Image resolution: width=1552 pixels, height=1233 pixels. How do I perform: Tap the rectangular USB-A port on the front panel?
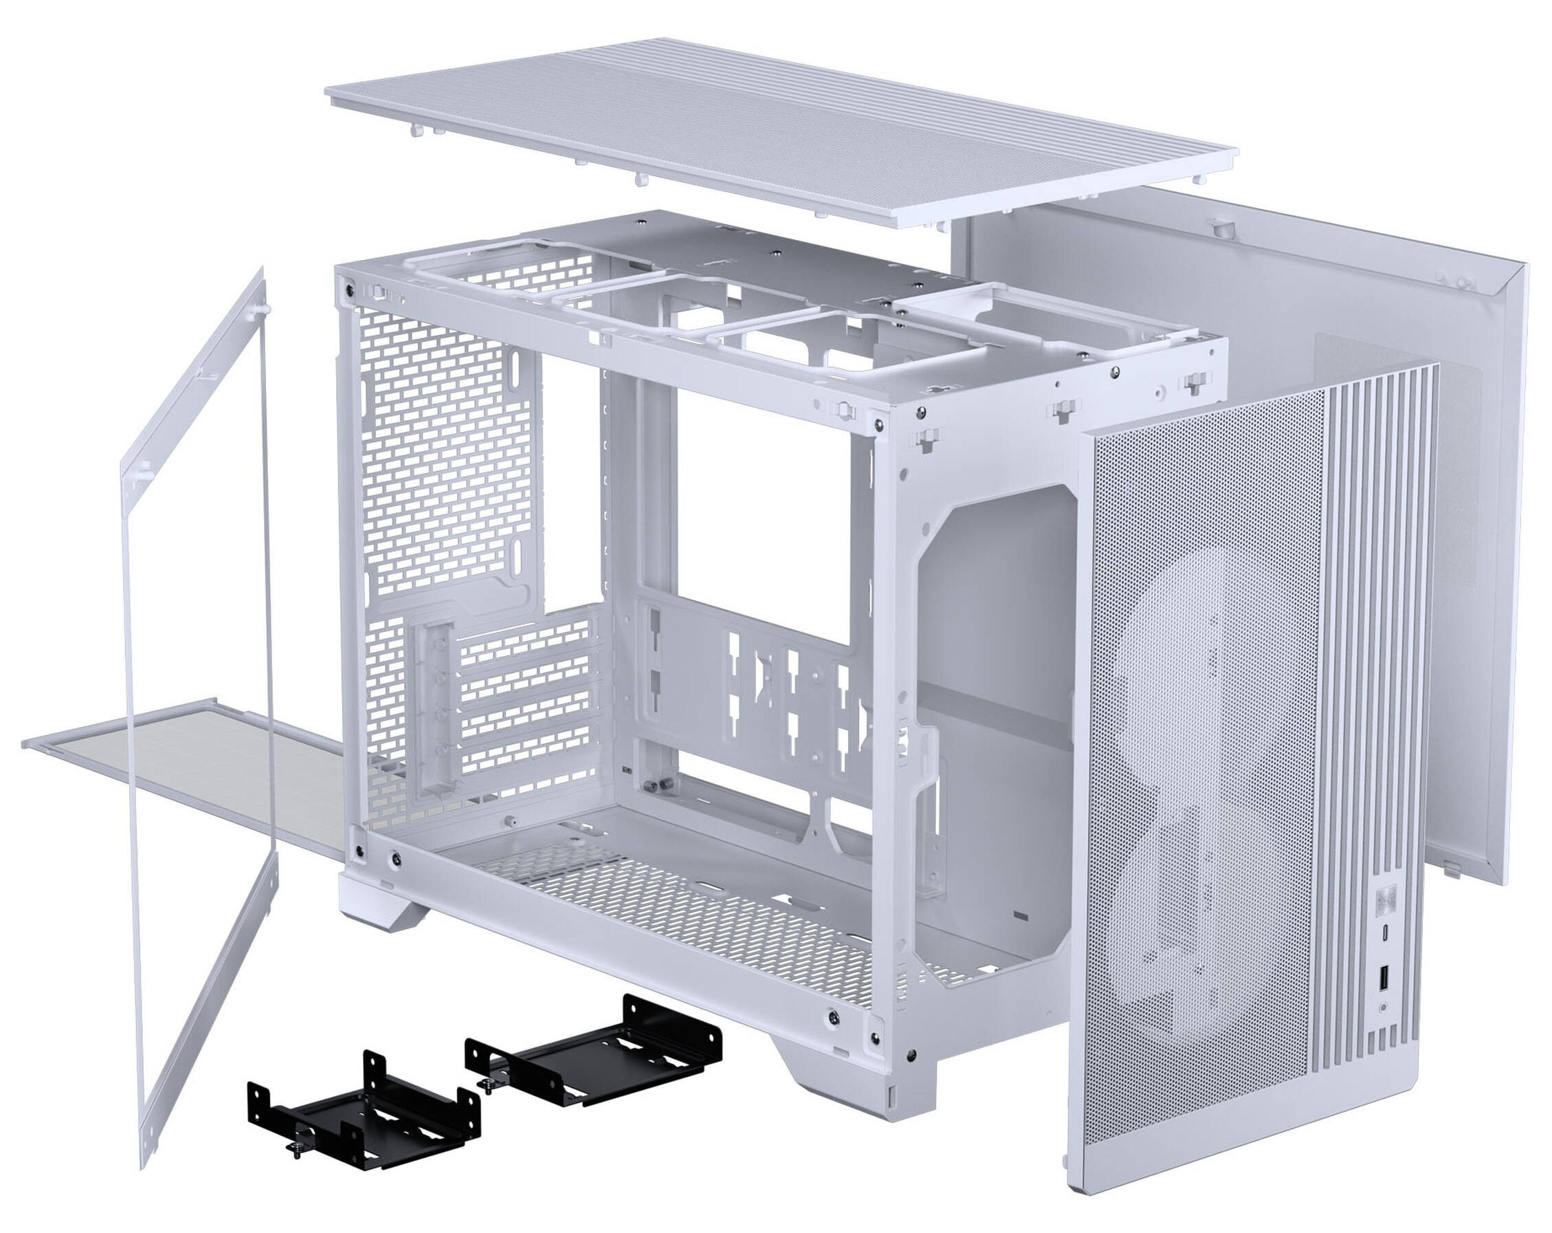tap(1384, 977)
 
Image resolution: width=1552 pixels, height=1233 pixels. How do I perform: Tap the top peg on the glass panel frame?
tap(263, 309)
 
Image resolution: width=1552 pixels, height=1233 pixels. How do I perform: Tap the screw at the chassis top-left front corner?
tap(350, 290)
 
